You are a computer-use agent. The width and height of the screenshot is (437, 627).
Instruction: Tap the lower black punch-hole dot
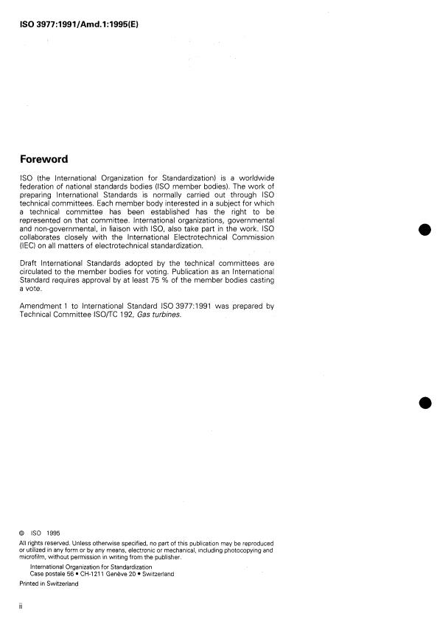tap(424, 402)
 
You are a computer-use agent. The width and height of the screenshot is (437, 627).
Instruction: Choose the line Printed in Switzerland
tap(48, 584)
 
